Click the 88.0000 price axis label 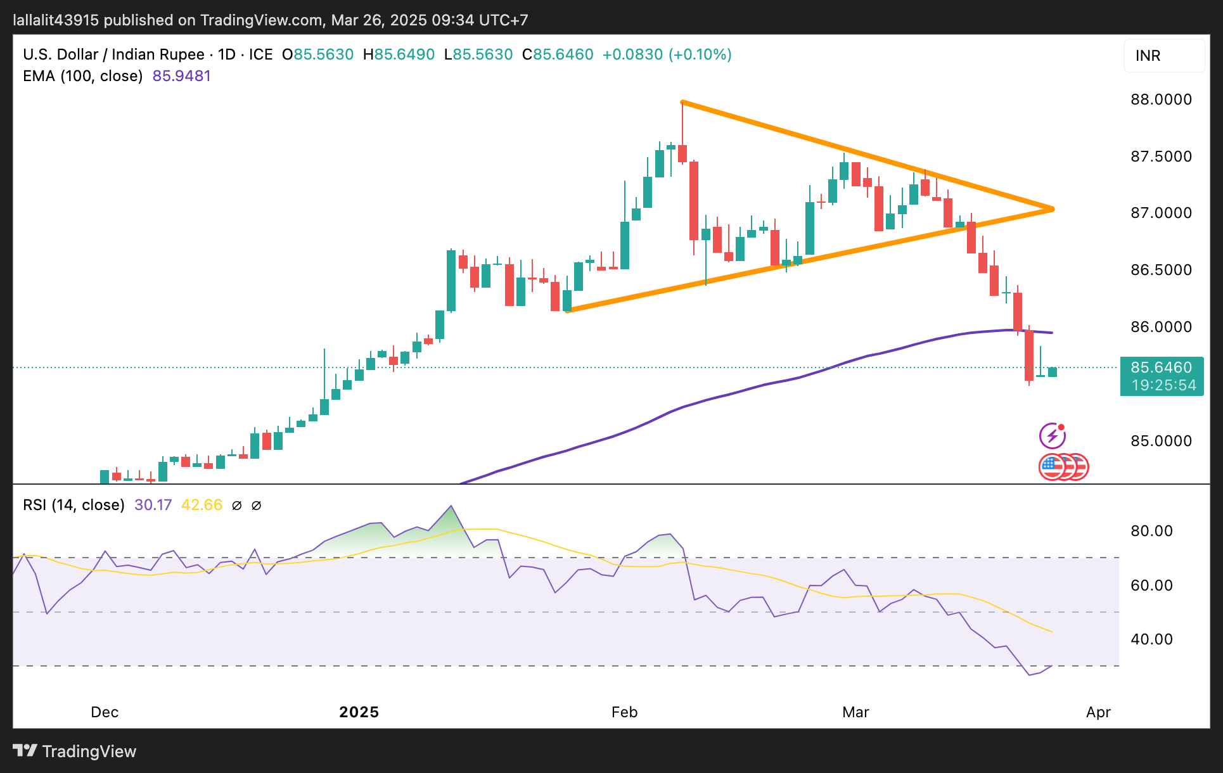coord(1161,99)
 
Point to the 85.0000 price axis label coord(1161,441)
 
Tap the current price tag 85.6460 coord(1161,367)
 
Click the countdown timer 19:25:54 coord(1163,385)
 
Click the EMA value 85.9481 coord(181,76)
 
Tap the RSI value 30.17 coord(153,505)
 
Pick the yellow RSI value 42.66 coord(202,505)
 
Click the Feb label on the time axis coord(624,712)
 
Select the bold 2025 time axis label coord(359,712)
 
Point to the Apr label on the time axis coord(1098,712)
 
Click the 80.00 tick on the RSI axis coord(1151,531)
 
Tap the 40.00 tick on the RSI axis coord(1151,639)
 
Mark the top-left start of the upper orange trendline coord(682,102)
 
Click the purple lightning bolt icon coord(1052,436)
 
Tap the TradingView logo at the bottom coord(75,751)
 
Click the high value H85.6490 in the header coord(399,54)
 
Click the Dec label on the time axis coord(105,712)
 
